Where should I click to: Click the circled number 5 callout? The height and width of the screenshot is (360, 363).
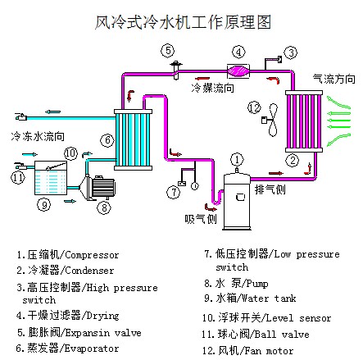click(x=168, y=51)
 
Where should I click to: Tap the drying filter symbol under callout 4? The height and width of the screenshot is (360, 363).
click(x=238, y=71)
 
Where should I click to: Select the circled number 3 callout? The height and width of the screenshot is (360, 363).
click(x=291, y=52)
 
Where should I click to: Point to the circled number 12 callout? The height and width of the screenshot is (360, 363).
click(x=254, y=107)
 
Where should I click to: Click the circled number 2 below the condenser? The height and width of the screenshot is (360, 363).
click(x=293, y=160)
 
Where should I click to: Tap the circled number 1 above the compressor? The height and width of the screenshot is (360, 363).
click(x=237, y=160)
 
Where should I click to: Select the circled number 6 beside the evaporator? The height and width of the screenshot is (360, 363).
click(x=107, y=140)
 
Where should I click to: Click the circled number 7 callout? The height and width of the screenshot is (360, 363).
click(x=174, y=193)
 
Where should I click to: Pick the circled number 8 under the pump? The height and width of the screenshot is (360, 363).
click(x=104, y=207)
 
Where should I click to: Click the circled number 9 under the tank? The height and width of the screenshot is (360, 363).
click(x=44, y=204)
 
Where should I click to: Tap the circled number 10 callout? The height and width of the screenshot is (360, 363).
click(x=71, y=153)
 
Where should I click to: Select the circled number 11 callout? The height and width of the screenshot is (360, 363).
click(x=18, y=177)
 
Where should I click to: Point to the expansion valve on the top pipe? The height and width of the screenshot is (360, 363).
click(x=176, y=71)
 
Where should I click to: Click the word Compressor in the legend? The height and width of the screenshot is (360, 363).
click(x=92, y=255)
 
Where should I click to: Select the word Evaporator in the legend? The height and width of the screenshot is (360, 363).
click(x=92, y=349)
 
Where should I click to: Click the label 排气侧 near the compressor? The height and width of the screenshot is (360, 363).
click(x=270, y=189)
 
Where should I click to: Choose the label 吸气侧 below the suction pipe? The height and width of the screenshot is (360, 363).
click(x=201, y=219)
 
